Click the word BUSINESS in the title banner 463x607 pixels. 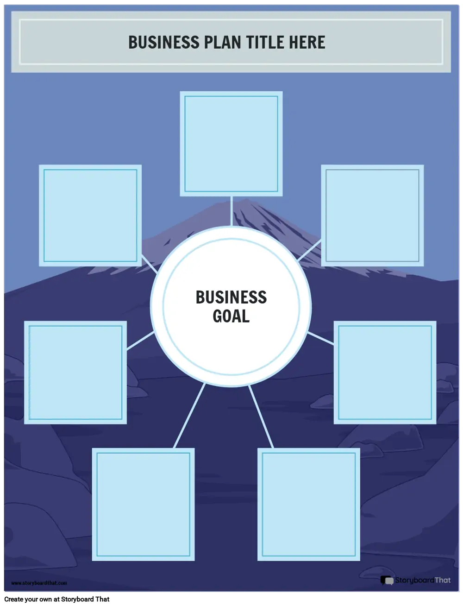pos(164,42)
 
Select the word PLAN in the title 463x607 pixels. pos(222,42)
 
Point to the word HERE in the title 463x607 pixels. pos(307,42)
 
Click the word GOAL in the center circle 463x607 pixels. pos(231,316)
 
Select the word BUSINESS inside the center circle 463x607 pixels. pos(231,297)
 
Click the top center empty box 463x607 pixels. pos(231,144)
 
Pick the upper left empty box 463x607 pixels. pos(90,215)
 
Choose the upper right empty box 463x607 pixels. pos(372,215)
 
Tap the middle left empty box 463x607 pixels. pos(75,373)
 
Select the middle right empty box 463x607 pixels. pos(385,373)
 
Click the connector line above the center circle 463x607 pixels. pos(231,211)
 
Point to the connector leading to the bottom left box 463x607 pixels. pos(189,415)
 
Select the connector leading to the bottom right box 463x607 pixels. pos(261,416)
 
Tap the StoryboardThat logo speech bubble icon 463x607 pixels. pos(387,580)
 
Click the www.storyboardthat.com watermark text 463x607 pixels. pos(39,582)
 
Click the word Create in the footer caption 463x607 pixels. pos(13,599)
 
